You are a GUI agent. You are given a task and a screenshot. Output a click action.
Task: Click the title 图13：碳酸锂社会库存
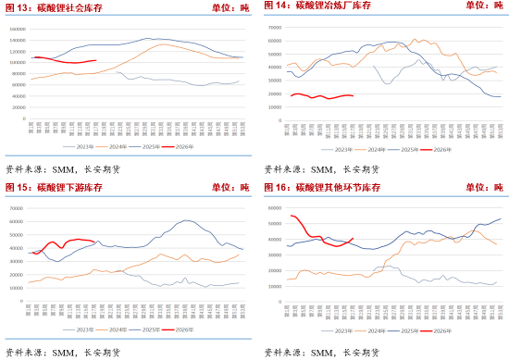(55, 7)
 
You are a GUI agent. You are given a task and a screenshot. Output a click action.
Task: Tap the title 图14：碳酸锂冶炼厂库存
(317, 7)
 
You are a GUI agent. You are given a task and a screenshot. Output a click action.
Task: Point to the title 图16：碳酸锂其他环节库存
(321, 188)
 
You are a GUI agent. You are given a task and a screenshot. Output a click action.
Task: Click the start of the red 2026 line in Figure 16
(292, 216)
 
